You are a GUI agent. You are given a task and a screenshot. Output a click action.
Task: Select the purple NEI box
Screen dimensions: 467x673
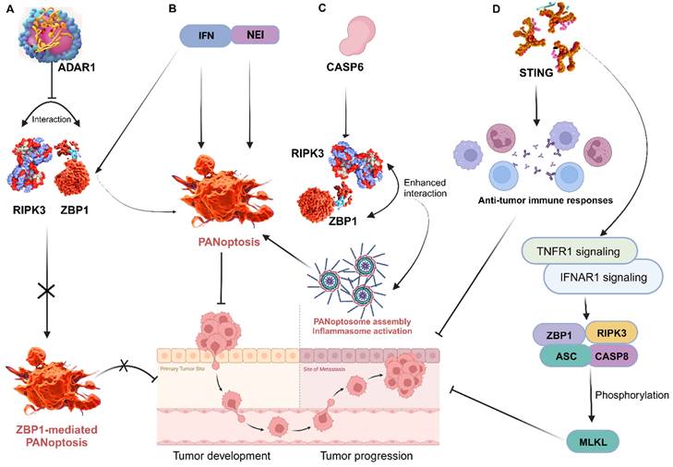[x=252, y=36]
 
